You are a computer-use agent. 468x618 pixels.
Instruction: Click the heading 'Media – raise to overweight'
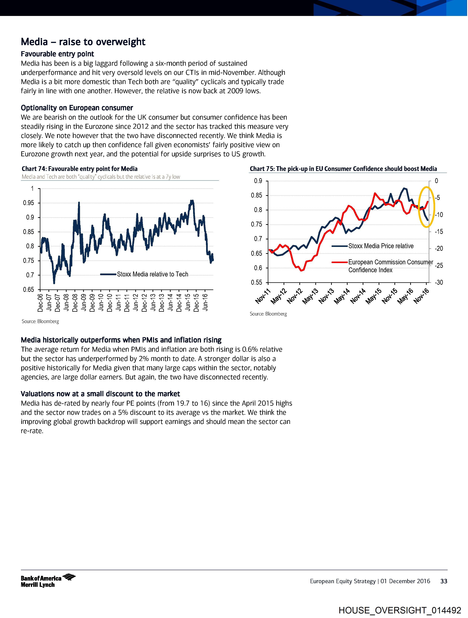[83, 42]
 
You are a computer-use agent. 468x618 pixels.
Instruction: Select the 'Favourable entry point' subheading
[57, 54]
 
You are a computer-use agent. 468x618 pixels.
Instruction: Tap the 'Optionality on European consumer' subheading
[77, 108]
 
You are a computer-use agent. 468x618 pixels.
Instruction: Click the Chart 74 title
[80, 169]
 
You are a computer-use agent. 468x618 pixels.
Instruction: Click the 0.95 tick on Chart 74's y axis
[28, 203]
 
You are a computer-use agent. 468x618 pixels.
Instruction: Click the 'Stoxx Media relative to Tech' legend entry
[152, 274]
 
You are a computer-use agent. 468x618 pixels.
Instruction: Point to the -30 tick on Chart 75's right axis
[439, 282]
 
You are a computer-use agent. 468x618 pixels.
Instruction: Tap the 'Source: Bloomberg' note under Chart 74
[40, 321]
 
